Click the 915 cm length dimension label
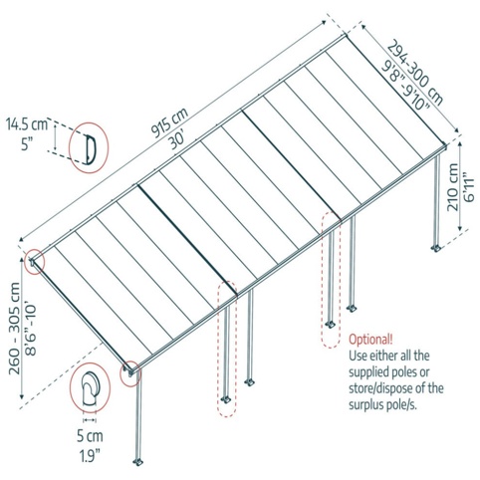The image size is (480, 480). tap(169, 122)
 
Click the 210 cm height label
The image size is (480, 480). tap(453, 186)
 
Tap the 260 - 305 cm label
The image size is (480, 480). tap(15, 329)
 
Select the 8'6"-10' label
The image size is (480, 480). tap(31, 328)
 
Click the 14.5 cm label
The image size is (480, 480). tap(27, 124)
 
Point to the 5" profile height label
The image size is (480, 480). tap(27, 144)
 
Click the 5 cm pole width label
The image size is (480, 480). tap(90, 436)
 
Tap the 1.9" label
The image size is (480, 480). tap(90, 455)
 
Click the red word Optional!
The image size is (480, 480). tap(370, 340)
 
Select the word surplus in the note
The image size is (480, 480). tap(366, 405)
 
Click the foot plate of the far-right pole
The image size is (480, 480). tap(435, 248)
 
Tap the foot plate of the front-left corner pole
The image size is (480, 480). tap(137, 462)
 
